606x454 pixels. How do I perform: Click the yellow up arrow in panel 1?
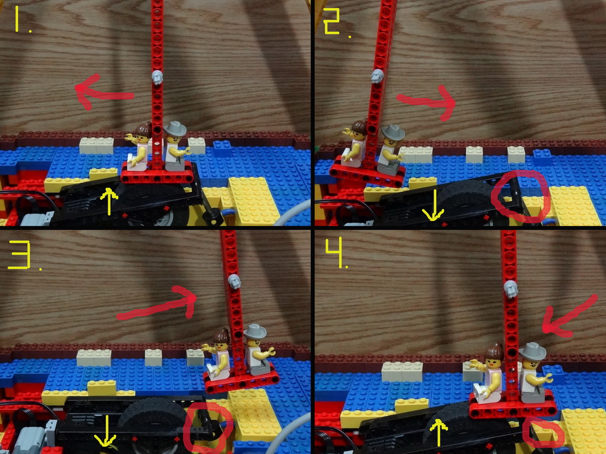[x=109, y=202]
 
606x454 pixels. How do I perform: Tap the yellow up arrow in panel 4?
[x=439, y=432]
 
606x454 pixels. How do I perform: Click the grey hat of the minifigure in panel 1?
[x=175, y=128]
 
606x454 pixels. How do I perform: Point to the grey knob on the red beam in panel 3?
[x=234, y=281]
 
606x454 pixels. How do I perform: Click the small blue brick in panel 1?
[x=223, y=148]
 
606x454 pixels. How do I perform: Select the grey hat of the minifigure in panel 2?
[x=393, y=132]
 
